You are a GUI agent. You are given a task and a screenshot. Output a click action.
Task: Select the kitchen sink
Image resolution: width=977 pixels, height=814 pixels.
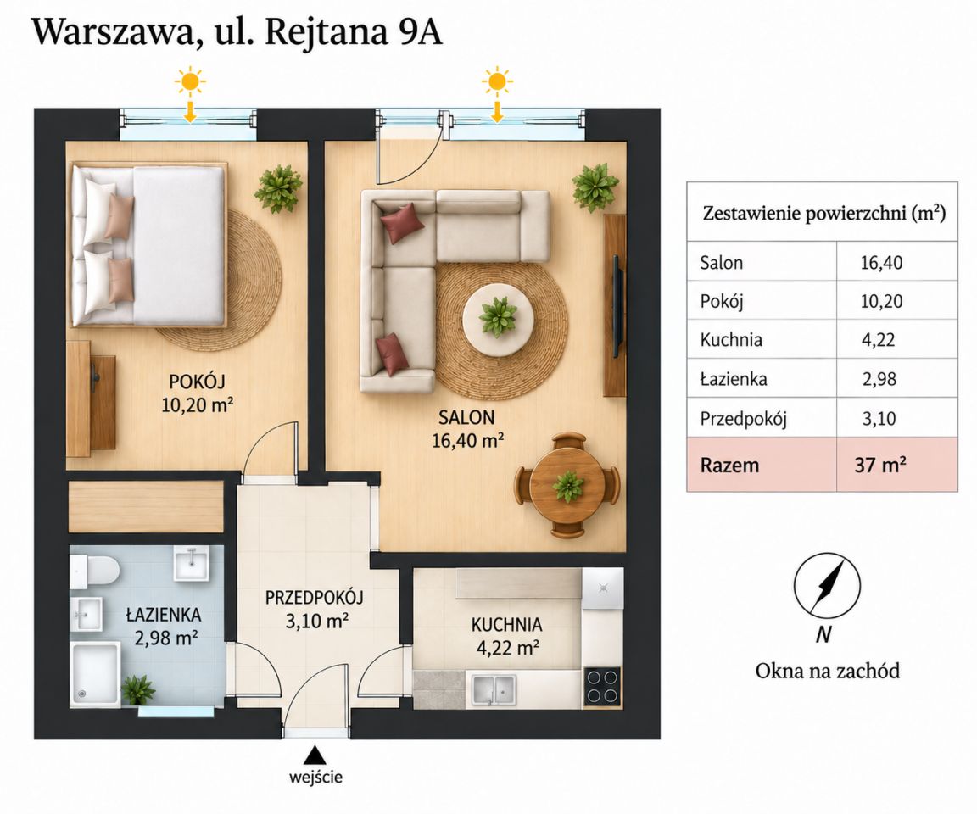point(494,690)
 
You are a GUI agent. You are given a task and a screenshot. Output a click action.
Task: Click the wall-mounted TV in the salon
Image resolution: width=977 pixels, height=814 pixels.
point(617,305)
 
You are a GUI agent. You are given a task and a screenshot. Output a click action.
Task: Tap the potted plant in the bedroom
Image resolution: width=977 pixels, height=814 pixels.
point(279,188)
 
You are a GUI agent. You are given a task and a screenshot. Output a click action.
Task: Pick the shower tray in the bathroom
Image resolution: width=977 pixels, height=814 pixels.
point(95,674)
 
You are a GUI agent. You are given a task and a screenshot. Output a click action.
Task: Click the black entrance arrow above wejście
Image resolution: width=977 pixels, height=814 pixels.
point(315,756)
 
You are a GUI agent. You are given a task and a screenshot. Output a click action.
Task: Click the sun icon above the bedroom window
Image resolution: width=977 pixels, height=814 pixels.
point(189,81)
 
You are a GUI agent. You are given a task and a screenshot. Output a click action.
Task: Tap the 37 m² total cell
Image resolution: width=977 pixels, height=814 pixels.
point(880,466)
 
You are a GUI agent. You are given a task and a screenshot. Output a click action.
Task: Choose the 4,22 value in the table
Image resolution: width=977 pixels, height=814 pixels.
point(878,340)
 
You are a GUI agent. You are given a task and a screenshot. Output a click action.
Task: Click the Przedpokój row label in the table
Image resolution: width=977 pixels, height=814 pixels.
point(743,419)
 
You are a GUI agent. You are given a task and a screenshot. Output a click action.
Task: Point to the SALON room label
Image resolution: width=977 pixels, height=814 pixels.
point(466,416)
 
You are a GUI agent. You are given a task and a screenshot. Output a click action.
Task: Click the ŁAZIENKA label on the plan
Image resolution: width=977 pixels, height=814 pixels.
point(163,615)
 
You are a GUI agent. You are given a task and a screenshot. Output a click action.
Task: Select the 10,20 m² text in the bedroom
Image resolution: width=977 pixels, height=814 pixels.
point(197,405)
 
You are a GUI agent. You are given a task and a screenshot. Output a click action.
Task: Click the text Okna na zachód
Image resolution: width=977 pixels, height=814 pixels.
point(828,671)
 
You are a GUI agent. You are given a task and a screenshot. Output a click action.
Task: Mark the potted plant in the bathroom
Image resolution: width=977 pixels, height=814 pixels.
point(137,690)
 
